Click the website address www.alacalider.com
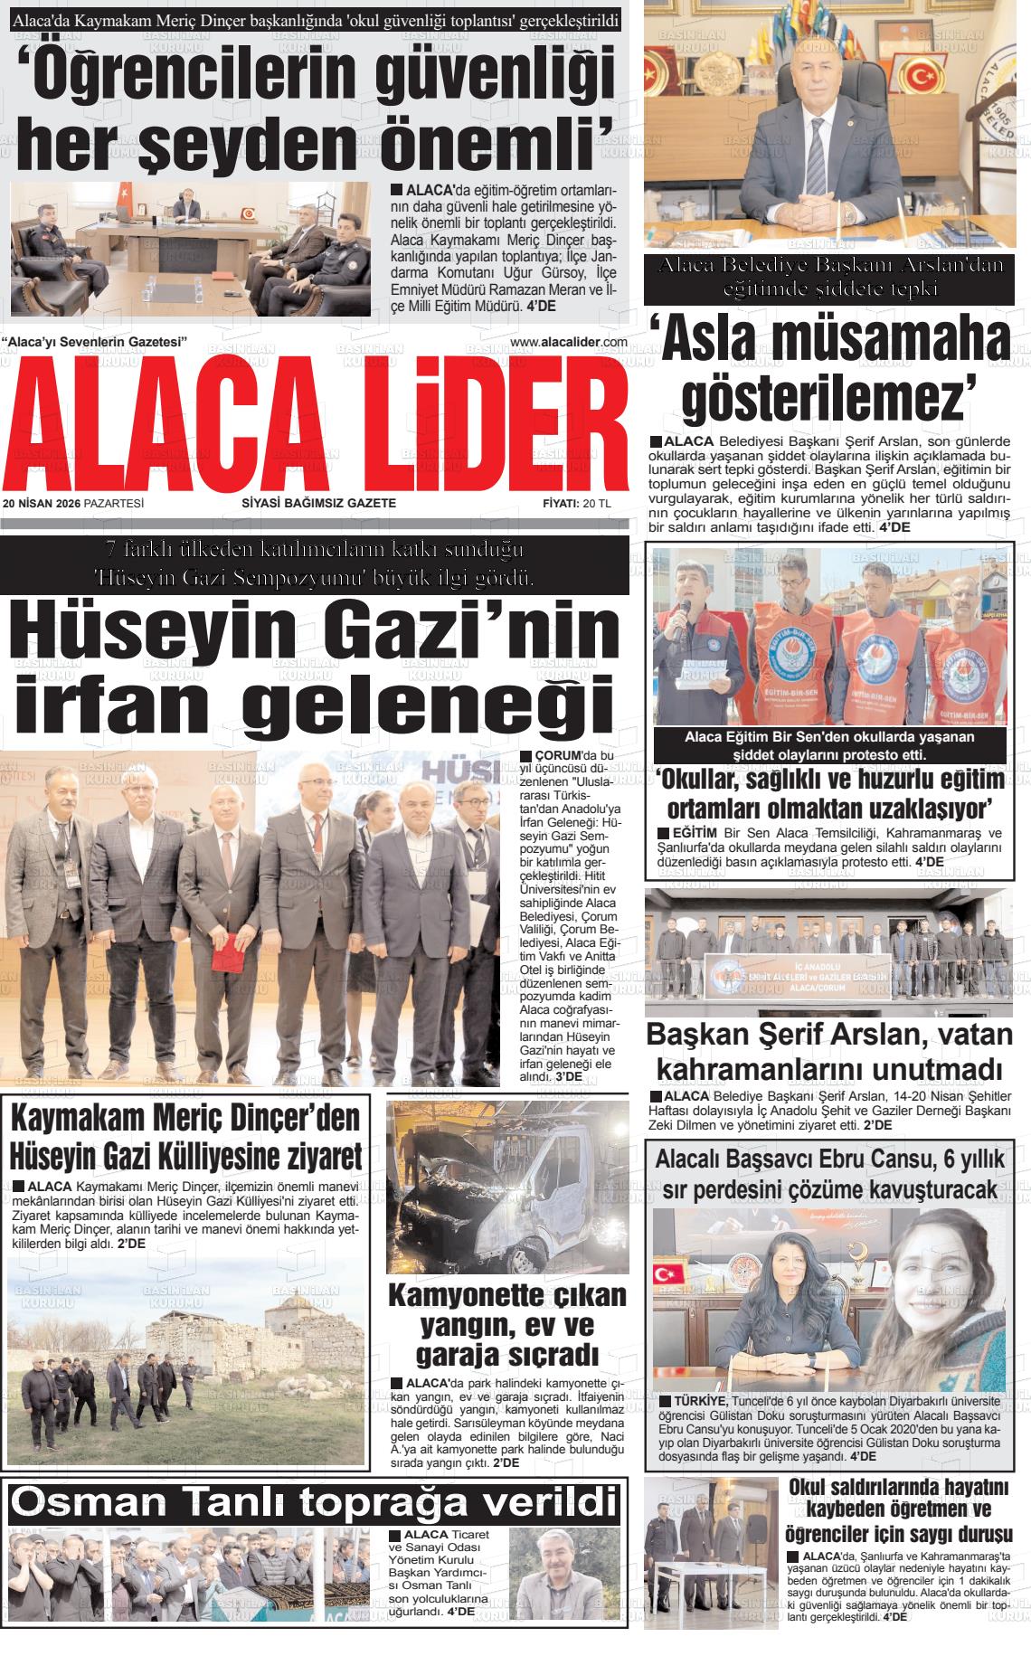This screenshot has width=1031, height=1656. click(569, 342)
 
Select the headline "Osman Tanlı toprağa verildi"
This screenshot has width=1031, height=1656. click(314, 1502)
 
